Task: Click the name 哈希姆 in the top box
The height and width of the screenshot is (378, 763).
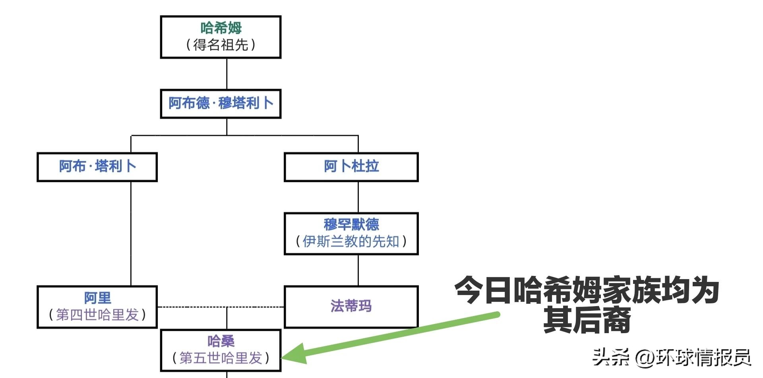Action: pos(221,28)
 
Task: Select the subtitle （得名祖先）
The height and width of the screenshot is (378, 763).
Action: pos(221,45)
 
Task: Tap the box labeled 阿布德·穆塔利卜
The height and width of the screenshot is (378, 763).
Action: pos(221,104)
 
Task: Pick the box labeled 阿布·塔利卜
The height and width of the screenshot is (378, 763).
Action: pos(97,166)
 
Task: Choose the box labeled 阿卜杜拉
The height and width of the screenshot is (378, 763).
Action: pos(351,166)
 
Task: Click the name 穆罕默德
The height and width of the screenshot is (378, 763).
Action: pos(351,224)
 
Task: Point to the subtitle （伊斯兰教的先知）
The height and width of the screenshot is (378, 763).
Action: pos(351,241)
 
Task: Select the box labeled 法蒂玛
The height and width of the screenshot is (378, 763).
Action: pos(351,306)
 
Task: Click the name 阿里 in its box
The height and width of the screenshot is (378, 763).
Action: pos(97,298)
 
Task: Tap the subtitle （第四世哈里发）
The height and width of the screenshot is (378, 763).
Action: pos(97,315)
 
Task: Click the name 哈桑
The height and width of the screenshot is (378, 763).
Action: pos(221,341)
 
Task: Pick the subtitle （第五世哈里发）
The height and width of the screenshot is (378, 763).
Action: pos(221,358)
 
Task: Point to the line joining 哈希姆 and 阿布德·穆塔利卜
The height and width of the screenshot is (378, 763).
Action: pos(227,74)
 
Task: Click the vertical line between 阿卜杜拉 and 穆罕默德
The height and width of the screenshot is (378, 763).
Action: pos(358,197)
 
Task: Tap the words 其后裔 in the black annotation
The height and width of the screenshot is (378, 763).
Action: pos(587,321)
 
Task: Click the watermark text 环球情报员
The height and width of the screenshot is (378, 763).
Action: pos(703,357)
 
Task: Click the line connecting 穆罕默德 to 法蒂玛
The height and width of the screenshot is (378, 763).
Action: pos(358,270)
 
